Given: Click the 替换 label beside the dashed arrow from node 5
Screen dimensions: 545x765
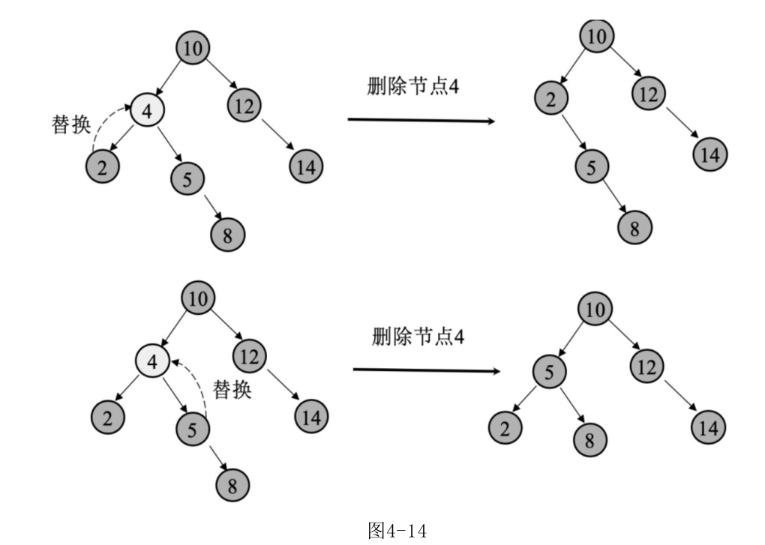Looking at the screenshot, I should coord(232,390).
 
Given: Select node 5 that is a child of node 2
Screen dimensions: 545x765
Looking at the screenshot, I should coord(592,167).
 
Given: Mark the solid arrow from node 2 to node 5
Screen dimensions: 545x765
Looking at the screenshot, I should coord(573,133).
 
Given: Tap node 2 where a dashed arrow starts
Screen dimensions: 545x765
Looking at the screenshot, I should coord(103,166).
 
